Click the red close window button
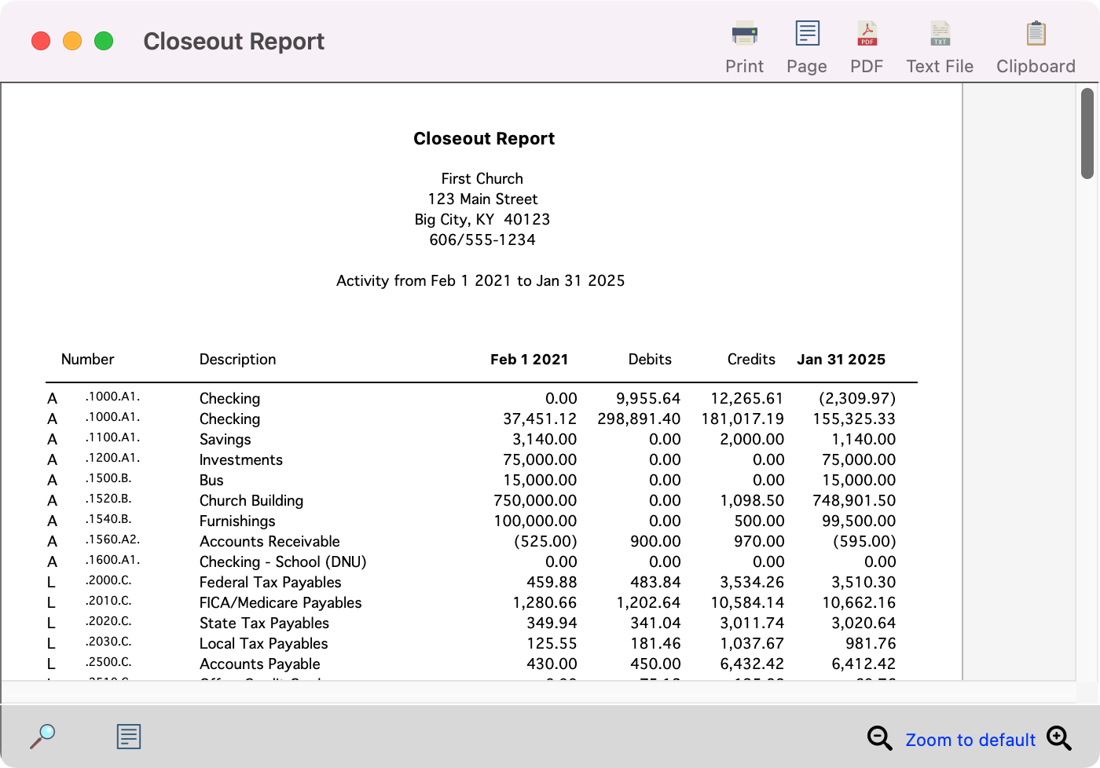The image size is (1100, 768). (41, 41)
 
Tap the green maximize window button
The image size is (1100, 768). (104, 41)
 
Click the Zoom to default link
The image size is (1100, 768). (970, 740)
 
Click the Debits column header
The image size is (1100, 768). (650, 360)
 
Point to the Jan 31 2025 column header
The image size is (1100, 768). (841, 360)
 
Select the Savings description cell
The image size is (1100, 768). (225, 440)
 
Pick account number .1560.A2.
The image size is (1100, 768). (112, 540)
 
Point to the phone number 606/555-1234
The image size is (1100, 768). (482, 240)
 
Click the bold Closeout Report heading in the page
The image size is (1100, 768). (484, 139)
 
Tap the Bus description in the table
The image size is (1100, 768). (211, 481)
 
